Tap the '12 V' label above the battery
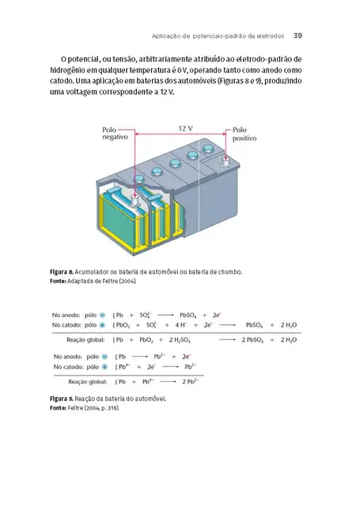point(185,127)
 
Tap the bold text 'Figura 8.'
point(64,272)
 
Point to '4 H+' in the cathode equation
point(191,325)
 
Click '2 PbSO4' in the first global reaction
point(252,339)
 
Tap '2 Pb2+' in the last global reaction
point(188,381)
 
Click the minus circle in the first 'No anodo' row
point(103,314)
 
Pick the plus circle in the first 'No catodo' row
point(103,325)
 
